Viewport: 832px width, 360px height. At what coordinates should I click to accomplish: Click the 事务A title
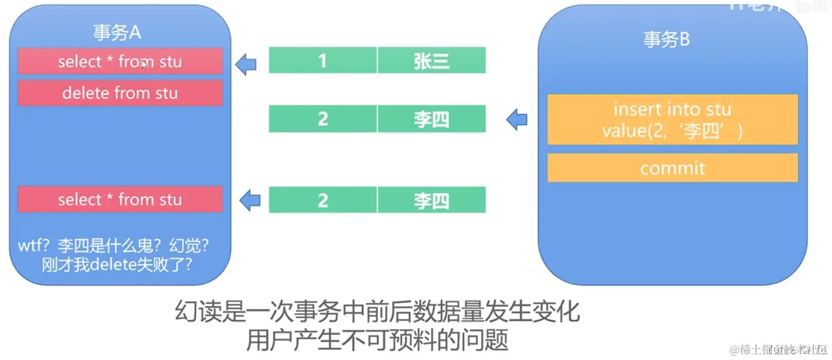(117, 33)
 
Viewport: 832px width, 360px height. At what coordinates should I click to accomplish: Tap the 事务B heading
(666, 39)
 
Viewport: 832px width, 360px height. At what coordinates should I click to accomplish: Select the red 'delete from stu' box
(120, 93)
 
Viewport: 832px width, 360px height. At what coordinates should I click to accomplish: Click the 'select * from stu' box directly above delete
(120, 62)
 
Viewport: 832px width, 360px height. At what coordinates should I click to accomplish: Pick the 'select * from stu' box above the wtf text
(120, 200)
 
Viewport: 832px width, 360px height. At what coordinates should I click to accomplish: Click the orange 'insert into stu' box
(672, 120)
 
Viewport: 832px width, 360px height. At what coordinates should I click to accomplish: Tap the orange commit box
(672, 168)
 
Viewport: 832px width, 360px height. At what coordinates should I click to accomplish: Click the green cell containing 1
(323, 61)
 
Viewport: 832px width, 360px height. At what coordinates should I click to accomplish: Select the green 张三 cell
(432, 61)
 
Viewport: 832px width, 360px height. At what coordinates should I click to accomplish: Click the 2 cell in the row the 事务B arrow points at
(323, 119)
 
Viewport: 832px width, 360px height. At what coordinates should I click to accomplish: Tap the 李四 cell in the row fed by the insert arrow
(432, 119)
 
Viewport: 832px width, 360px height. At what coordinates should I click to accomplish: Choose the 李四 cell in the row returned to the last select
(432, 200)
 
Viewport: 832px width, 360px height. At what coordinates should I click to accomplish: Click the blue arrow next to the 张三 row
(246, 63)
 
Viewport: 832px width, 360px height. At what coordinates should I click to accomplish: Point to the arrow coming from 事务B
(517, 120)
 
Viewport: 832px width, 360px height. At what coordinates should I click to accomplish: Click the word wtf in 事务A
(30, 246)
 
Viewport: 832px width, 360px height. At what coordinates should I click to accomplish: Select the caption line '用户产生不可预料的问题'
(377, 340)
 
